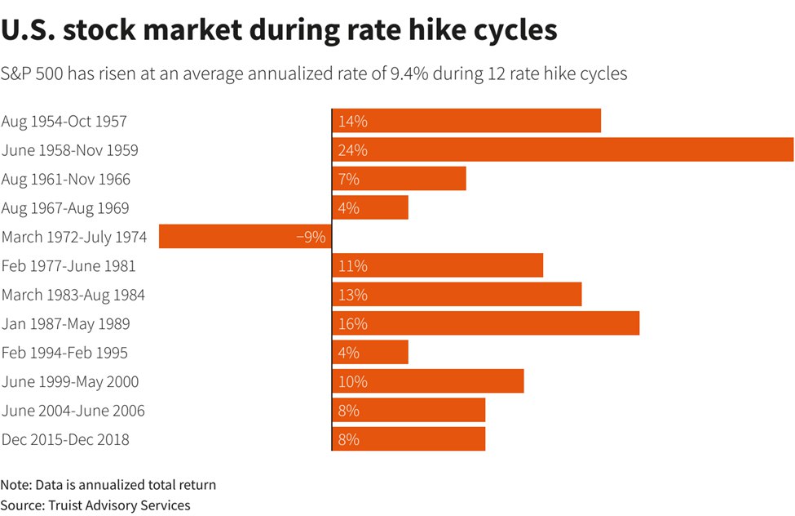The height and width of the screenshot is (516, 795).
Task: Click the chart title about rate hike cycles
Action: [279, 32]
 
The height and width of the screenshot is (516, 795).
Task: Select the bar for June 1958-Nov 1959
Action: [563, 150]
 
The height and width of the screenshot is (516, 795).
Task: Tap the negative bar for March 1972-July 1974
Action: [245, 237]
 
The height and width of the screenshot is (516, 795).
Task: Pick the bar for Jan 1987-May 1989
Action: [485, 323]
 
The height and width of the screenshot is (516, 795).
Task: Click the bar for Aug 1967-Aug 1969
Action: [370, 208]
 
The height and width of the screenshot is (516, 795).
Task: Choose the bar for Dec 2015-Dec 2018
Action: [409, 439]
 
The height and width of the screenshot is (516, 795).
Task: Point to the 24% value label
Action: [353, 150]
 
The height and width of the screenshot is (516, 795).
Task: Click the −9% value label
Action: [311, 238]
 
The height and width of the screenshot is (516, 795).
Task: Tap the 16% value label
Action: [353, 324]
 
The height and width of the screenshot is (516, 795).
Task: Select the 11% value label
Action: [353, 266]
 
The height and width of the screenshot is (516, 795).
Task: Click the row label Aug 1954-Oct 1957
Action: [64, 122]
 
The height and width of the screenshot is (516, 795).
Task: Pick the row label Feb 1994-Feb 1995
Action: [64, 353]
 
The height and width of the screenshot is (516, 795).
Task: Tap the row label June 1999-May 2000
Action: [70, 381]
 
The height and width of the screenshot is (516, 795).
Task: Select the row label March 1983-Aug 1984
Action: [73, 295]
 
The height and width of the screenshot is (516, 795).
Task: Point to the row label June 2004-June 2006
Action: [73, 411]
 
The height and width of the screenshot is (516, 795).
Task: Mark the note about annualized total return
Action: [108, 485]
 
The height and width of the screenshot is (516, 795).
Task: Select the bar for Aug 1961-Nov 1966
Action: [399, 179]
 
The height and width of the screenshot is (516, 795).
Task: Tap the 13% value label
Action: [353, 295]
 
